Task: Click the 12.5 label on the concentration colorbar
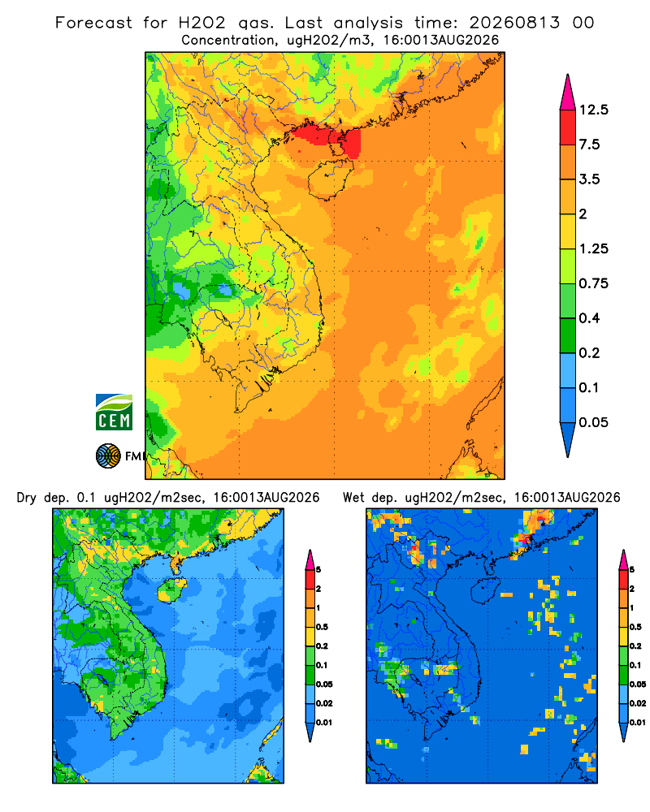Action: (x=593, y=110)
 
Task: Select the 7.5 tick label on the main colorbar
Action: (x=589, y=145)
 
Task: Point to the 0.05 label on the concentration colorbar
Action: (x=593, y=422)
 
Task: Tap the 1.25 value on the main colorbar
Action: (x=593, y=249)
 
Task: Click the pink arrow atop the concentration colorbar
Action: (x=568, y=93)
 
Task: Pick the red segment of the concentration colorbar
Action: (x=568, y=127)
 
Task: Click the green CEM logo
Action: (x=114, y=412)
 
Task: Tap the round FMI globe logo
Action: (x=108, y=456)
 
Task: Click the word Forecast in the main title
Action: (x=93, y=23)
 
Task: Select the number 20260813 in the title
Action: (x=514, y=23)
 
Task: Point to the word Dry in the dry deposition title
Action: (x=27, y=499)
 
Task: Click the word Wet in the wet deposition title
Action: (x=354, y=498)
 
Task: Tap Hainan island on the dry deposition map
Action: (x=171, y=590)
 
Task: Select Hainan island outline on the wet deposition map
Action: (x=486, y=590)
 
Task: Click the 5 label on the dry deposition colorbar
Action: (x=318, y=570)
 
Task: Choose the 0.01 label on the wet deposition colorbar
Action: (x=637, y=723)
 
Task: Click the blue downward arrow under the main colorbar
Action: (x=568, y=440)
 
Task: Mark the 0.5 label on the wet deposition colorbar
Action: (x=635, y=627)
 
